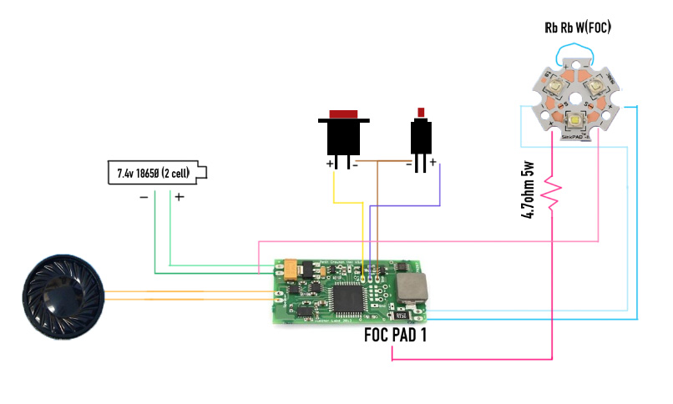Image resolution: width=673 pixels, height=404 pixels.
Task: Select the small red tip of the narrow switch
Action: pyautogui.click(x=422, y=112)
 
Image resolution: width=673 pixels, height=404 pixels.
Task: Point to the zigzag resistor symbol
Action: pyautogui.click(x=550, y=193)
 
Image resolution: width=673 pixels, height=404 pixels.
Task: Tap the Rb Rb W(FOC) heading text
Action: pyautogui.click(x=578, y=28)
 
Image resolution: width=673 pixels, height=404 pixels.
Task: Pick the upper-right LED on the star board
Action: pyautogui.click(x=595, y=84)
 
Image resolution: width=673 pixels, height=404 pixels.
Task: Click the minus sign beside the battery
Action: pyautogui.click(x=144, y=198)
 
